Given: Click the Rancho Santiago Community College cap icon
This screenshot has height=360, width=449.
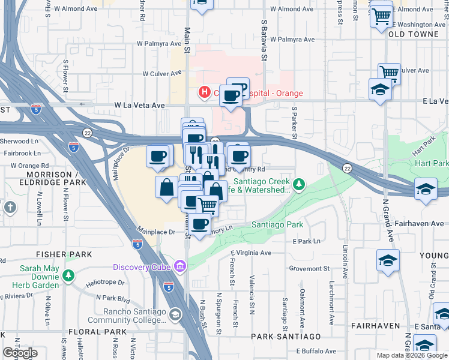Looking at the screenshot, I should point(175,314).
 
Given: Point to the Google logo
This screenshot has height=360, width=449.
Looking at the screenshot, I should point(20,353).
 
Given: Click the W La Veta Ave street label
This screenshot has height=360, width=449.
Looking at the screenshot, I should point(140,105).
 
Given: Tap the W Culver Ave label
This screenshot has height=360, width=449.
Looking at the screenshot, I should point(161,74).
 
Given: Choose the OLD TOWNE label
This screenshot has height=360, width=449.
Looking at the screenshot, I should point(414,35).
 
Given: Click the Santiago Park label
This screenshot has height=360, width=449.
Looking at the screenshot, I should point(277,224).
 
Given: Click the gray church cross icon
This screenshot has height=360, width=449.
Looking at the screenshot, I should point(10,208).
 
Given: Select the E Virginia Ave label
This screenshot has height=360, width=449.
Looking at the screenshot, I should point(252,253).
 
